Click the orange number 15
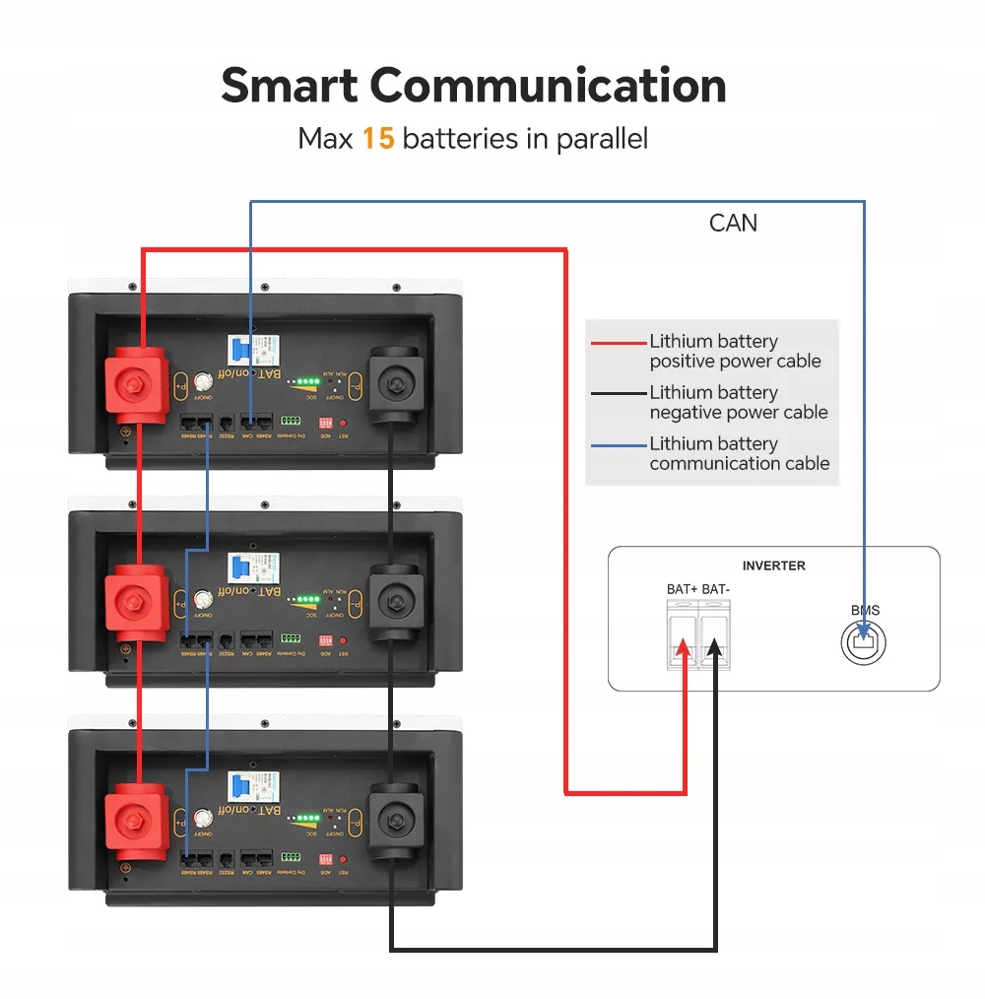click(x=377, y=138)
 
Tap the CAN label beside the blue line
click(x=733, y=223)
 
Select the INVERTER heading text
click(x=773, y=566)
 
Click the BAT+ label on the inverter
click(x=682, y=589)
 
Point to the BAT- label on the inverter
click(x=716, y=589)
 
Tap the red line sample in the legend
click(x=618, y=344)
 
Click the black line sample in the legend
click(x=618, y=394)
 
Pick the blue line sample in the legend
click(x=618, y=445)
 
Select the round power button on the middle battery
click(x=203, y=598)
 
